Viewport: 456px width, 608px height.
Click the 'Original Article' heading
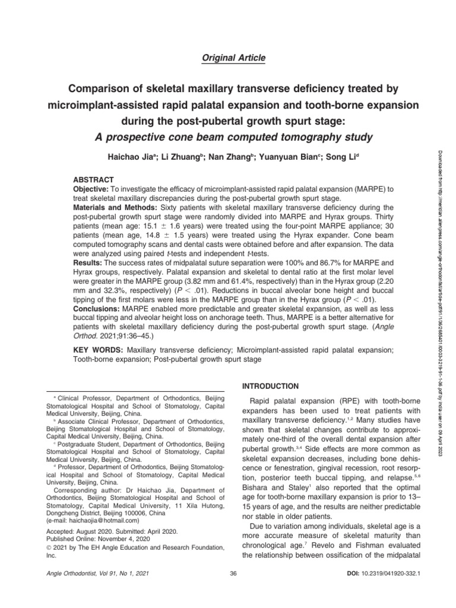click(228, 58)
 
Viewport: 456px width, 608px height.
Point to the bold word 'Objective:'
click(92, 188)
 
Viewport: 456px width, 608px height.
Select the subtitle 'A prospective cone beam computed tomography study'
click(228, 138)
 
